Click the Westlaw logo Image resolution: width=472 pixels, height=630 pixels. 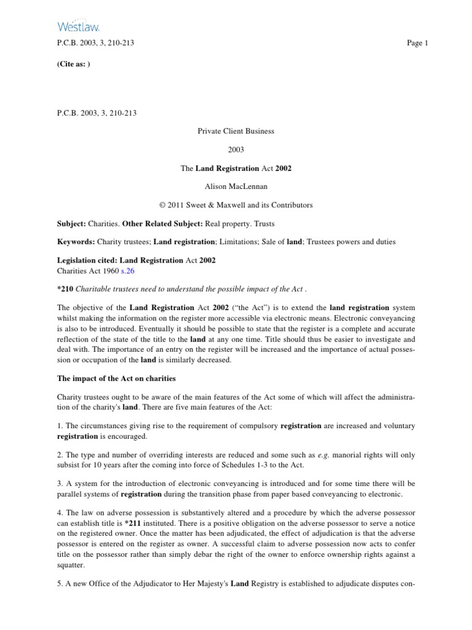pos(78,25)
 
